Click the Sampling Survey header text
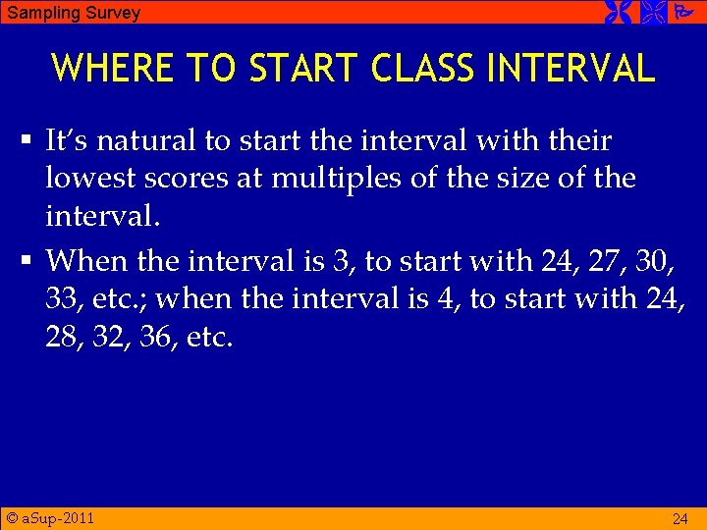74,13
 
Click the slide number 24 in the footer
680,518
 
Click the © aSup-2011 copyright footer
50,517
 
